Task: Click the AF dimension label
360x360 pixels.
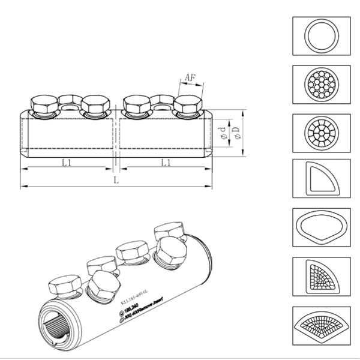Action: coord(189,77)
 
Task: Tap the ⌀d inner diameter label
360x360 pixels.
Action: coord(223,133)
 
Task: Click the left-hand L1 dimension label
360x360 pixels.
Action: coord(67,162)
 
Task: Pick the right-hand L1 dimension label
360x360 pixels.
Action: coord(166,162)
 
